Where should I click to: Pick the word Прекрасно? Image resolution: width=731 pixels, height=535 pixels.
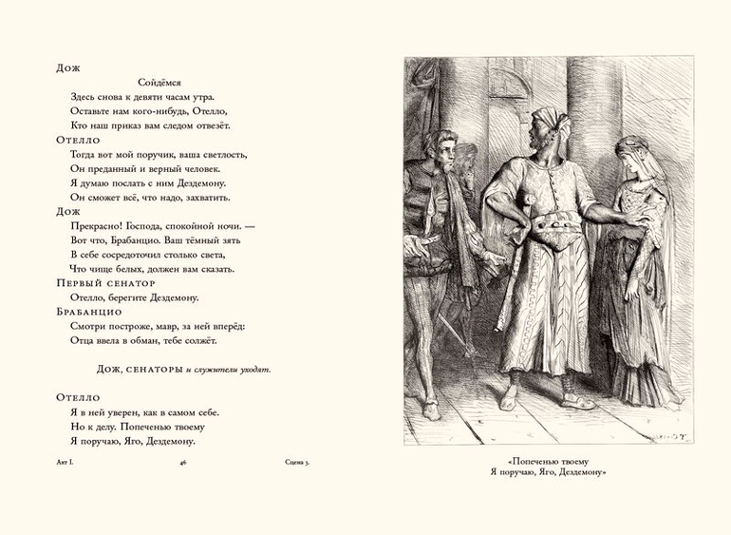(x=97, y=225)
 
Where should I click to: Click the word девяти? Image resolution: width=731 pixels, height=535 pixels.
(x=149, y=97)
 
